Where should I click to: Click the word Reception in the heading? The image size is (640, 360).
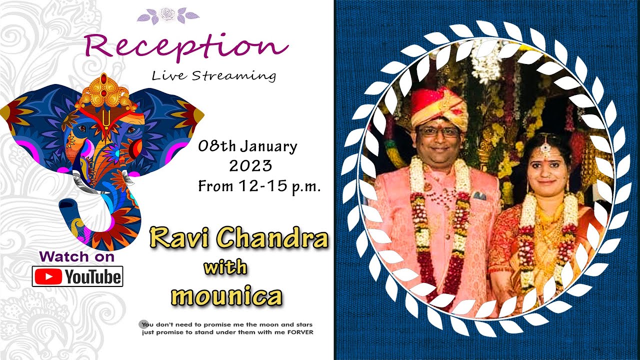click(186, 46)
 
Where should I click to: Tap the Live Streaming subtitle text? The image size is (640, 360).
click(213, 76)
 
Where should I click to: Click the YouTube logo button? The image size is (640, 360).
click(77, 276)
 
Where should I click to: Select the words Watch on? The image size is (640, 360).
click(76, 257)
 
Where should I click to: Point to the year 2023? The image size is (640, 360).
click(250, 165)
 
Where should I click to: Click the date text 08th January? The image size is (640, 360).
click(247, 147)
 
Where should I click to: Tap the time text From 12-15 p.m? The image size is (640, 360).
click(259, 186)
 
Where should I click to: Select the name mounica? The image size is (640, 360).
click(226, 296)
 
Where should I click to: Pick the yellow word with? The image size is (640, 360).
click(225, 267)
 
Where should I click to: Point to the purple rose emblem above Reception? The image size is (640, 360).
click(168, 14)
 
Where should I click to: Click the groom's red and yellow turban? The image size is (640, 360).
click(438, 106)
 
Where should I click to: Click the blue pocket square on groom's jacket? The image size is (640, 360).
click(479, 195)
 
